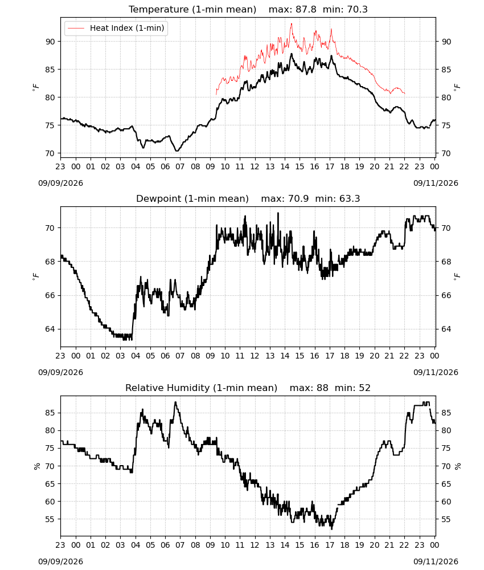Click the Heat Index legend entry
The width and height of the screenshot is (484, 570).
coord(116,28)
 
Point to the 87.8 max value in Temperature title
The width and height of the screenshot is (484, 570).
coord(306,9)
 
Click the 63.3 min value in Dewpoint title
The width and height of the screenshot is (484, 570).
coord(350,198)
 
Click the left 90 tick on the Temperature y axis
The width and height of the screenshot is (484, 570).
coord(50,42)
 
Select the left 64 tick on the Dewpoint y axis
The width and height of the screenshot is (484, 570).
coord(50,329)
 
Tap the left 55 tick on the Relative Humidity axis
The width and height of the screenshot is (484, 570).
coord(50,519)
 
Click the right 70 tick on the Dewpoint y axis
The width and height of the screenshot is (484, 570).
coord(446,229)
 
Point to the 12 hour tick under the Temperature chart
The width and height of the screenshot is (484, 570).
coord(255,166)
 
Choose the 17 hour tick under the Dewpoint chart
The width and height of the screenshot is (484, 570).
coord(330,356)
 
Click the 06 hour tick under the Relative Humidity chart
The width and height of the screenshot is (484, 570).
coord(165,545)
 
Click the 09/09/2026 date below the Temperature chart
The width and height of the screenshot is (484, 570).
coord(60,183)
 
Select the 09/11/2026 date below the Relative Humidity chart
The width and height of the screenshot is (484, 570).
coord(436,561)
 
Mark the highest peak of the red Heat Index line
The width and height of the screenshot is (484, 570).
coord(291,24)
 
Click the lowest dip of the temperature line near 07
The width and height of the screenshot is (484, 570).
coord(177,150)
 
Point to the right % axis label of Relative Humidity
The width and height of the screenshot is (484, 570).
coord(458,466)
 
